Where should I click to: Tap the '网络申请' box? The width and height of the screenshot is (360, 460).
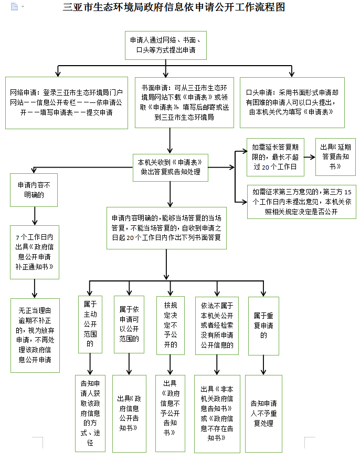click(67, 102)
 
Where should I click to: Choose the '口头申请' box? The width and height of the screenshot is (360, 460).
click(292, 102)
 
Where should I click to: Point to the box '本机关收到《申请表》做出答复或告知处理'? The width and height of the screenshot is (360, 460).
click(170, 166)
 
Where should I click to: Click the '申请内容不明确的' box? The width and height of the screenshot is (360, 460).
click(34, 190)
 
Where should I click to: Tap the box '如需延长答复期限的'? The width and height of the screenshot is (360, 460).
click(274, 156)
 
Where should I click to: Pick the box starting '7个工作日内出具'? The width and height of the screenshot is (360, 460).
click(34, 252)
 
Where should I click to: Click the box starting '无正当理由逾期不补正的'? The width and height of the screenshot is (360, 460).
click(35, 335)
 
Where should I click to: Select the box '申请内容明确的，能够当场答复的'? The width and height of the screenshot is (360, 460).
click(166, 227)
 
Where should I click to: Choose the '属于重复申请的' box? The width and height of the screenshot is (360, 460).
click(263, 326)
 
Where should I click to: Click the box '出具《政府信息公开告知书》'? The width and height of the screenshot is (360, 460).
click(129, 413)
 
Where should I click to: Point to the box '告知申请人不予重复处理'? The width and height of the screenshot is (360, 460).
click(263, 413)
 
